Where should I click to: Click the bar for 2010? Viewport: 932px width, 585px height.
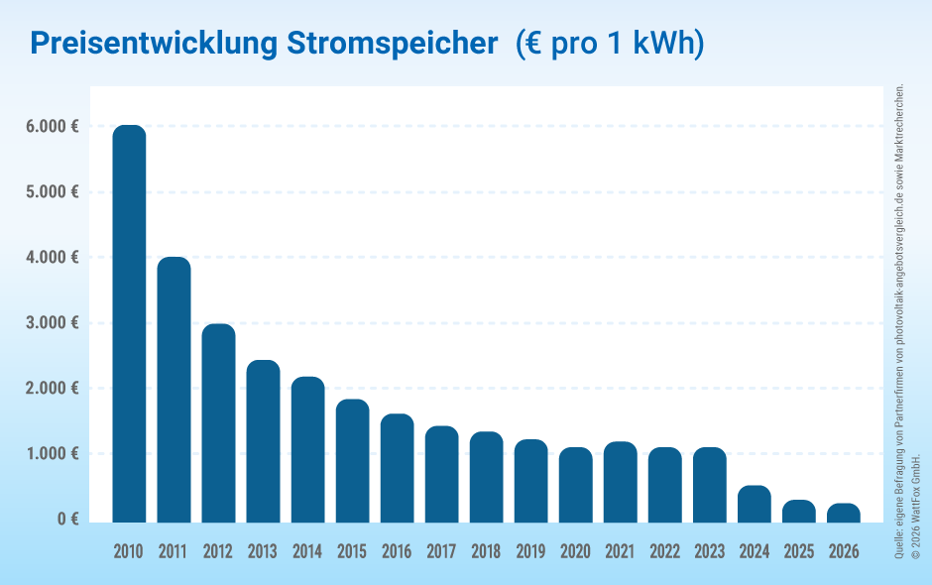click(x=129, y=323)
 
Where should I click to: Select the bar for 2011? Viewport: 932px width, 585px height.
click(x=174, y=389)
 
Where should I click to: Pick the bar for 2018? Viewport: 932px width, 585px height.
click(x=486, y=477)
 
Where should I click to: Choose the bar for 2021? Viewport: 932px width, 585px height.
click(x=620, y=482)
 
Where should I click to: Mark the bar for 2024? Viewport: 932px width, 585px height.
click(x=755, y=504)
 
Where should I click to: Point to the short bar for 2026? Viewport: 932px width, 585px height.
click(x=844, y=513)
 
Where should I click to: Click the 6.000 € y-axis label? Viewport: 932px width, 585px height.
click(x=53, y=127)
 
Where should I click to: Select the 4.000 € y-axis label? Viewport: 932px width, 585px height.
click(x=53, y=258)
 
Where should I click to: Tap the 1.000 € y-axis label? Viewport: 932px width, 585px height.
click(x=53, y=454)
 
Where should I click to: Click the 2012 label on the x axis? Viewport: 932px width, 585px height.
click(x=218, y=551)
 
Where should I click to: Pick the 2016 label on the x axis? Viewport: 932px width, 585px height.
click(x=397, y=551)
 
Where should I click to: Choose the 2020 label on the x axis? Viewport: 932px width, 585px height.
click(x=575, y=551)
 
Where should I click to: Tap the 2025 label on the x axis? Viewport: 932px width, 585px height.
click(x=799, y=551)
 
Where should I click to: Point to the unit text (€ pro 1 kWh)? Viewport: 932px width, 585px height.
click(x=610, y=44)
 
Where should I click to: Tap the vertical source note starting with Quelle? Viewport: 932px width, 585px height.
click(x=899, y=322)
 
